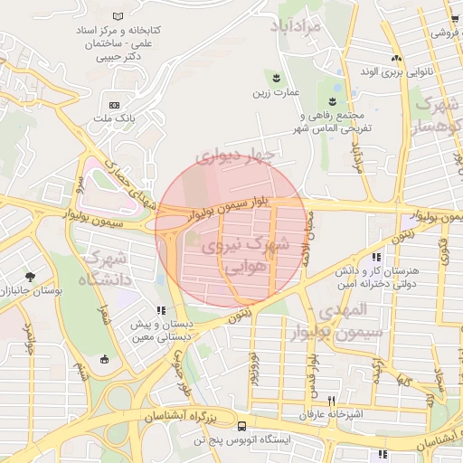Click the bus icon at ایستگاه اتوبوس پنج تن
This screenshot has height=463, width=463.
point(241,425)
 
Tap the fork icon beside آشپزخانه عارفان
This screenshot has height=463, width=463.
point(332,401)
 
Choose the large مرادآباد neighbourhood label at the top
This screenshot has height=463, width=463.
point(295,27)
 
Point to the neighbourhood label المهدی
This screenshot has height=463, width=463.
point(345,309)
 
